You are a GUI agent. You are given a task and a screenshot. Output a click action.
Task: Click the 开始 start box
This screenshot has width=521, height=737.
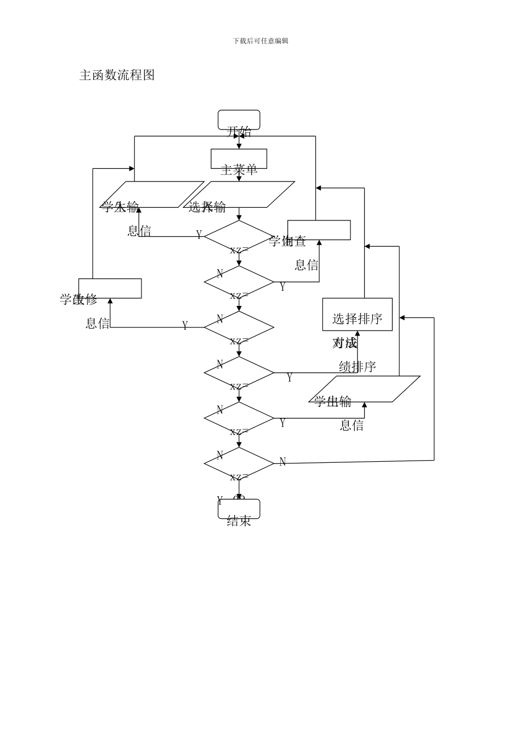(x=239, y=120)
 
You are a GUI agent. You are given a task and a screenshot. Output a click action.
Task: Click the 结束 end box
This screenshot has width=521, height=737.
(x=239, y=509)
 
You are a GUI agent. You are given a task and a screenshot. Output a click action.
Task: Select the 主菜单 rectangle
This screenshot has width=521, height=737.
(x=239, y=159)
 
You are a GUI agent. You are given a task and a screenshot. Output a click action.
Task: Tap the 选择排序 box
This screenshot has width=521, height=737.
(x=357, y=315)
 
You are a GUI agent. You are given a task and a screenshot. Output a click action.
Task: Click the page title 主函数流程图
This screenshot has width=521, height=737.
(x=117, y=75)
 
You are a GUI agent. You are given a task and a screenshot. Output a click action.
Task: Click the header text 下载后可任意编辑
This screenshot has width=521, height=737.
(x=260, y=41)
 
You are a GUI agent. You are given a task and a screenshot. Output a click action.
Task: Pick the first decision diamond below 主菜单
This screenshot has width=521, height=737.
(x=239, y=237)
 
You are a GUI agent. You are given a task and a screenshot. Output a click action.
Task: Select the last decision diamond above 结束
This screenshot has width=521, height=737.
(x=239, y=464)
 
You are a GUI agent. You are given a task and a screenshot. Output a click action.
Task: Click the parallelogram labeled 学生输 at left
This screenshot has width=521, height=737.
(x=152, y=195)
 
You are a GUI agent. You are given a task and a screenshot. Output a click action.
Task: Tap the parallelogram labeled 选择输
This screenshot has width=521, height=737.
(x=239, y=195)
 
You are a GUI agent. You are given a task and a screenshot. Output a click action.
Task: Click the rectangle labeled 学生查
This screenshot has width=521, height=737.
(x=319, y=230)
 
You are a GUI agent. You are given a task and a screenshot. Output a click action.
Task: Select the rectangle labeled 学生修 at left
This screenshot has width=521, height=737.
(x=110, y=288)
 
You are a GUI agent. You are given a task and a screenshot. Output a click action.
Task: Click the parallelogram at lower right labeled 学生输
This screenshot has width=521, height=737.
(x=364, y=389)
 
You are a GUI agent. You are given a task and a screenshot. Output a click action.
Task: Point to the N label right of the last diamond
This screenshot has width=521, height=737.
(x=282, y=462)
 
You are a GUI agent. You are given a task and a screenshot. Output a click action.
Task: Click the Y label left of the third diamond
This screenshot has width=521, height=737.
(x=185, y=326)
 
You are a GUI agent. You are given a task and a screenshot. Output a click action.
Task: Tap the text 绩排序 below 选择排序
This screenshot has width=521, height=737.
(x=357, y=367)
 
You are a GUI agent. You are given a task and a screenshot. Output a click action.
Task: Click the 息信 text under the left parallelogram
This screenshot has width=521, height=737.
(x=139, y=231)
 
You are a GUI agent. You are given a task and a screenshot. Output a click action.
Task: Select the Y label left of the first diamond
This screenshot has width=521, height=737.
(x=199, y=235)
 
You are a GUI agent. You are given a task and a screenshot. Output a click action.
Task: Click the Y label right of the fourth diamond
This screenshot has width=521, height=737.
(x=290, y=378)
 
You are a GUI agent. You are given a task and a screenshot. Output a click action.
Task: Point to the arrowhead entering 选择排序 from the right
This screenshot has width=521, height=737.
(x=402, y=318)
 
